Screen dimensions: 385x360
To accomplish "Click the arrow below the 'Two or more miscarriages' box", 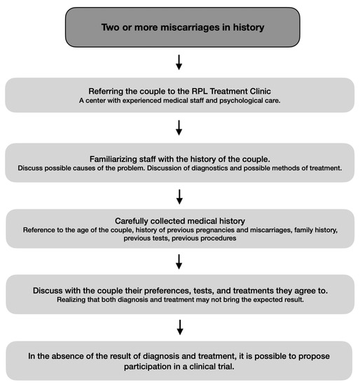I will pos(179,62).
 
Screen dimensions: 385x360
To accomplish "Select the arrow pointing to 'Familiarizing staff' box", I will pos(179,127).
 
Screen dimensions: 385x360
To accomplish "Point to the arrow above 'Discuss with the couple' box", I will pos(179,261).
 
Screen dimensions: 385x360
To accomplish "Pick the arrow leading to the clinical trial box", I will pos(179,326).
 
